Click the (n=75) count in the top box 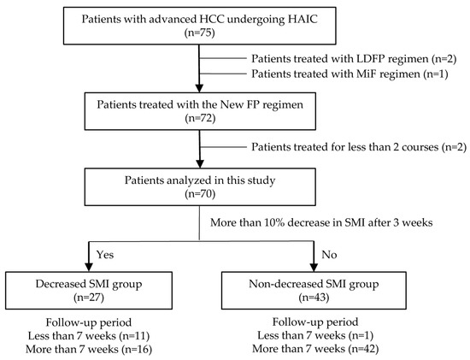[x=200, y=32]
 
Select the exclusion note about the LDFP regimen [x=354, y=59]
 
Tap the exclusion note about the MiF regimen [x=350, y=74]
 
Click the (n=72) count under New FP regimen [x=200, y=118]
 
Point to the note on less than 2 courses [x=359, y=147]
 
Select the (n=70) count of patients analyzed [x=200, y=194]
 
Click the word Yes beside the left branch [x=105, y=255]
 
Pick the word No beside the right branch [x=329, y=255]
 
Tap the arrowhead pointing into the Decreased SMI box [x=89, y=267]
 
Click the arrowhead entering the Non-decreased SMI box [x=314, y=267]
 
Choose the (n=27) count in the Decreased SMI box [x=89, y=298]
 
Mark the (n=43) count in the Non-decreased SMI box [x=314, y=298]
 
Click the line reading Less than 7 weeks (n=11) [x=89, y=336]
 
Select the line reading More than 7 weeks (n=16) [x=89, y=349]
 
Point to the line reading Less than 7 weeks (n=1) [x=315, y=335]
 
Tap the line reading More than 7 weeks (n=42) [x=315, y=349]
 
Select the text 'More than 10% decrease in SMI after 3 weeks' [x=321, y=222]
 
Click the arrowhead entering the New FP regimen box [x=199, y=88]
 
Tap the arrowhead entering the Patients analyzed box [x=200, y=164]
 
